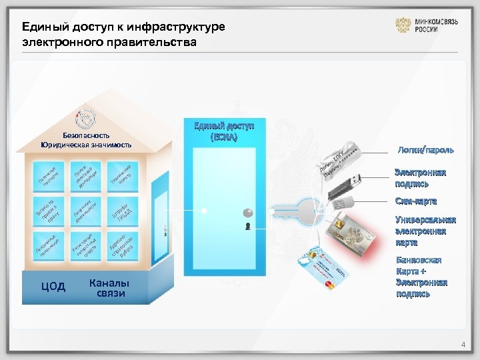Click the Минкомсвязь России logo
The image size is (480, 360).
coord(427,25)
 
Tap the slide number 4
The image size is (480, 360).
coord(463,345)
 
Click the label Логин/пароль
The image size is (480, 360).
coord(417,151)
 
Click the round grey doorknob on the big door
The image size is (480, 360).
coord(247,213)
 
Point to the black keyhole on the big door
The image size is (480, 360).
coord(247,227)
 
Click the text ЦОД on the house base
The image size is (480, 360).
coord(53,287)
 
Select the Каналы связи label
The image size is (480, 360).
coord(109,287)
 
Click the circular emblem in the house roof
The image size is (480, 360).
coord(85,119)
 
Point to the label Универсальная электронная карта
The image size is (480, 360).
coord(425,231)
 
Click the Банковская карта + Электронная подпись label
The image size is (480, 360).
coord(421,277)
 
